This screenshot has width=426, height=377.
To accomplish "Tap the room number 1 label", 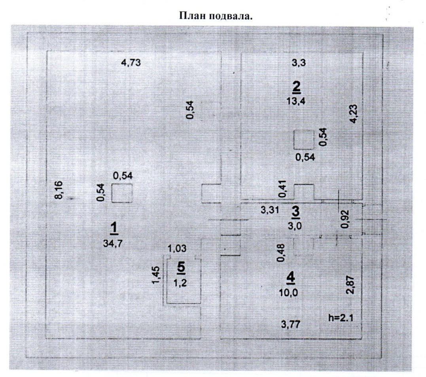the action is [x=114, y=228].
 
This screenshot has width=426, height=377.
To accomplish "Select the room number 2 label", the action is [x=296, y=86].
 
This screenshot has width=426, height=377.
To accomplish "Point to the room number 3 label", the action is [x=295, y=212].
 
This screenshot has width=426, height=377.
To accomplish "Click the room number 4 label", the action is [x=291, y=278].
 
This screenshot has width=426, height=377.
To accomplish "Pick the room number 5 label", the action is [x=181, y=268].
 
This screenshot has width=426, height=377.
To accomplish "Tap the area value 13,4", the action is [x=296, y=100].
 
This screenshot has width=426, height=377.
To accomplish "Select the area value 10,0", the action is [x=291, y=293].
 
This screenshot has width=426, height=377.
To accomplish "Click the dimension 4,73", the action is [x=131, y=62].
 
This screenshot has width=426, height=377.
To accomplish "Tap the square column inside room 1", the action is [x=121, y=193].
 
